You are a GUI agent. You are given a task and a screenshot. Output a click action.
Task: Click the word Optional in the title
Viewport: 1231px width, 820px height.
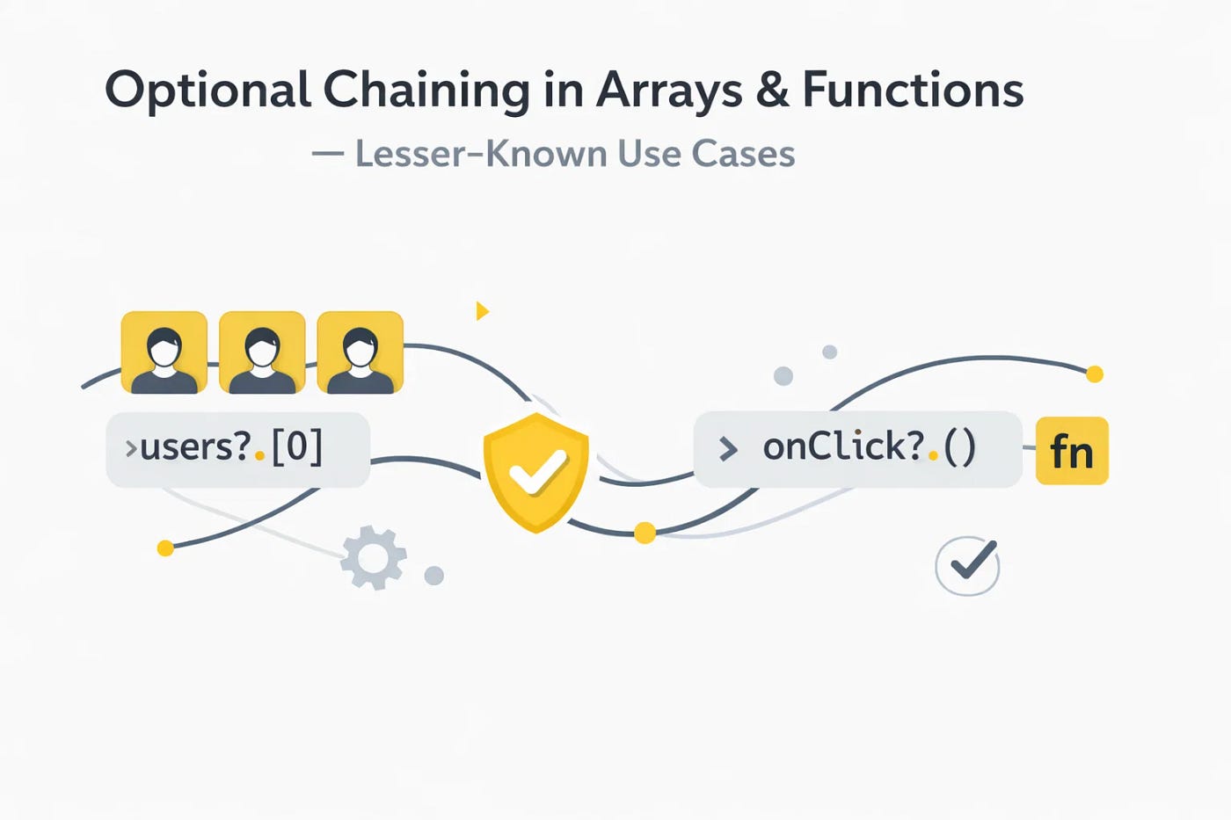[x=208, y=91]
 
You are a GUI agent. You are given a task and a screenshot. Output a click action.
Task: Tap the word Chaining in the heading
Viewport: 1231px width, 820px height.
[x=426, y=91]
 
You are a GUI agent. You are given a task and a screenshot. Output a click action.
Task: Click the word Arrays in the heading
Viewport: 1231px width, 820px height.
[x=669, y=91]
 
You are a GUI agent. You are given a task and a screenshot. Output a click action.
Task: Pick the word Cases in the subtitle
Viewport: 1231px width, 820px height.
[x=743, y=154]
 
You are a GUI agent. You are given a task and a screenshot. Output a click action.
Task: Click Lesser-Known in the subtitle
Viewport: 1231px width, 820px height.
[x=480, y=154]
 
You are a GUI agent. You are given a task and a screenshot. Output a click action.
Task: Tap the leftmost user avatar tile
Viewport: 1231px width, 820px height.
[x=164, y=352]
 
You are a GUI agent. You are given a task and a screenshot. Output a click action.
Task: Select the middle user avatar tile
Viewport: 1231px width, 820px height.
[x=262, y=352]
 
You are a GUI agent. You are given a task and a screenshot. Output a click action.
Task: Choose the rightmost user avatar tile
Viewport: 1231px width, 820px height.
[x=360, y=352]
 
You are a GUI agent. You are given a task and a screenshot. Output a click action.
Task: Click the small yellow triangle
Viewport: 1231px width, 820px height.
[x=482, y=310]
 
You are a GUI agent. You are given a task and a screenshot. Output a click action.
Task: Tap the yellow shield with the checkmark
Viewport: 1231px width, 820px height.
[x=535, y=472]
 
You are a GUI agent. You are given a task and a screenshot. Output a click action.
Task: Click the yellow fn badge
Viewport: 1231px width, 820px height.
[x=1072, y=451]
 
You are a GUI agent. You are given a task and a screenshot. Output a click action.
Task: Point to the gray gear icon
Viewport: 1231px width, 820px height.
[x=374, y=557]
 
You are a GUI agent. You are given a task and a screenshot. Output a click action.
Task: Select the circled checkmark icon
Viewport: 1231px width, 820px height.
[x=967, y=565]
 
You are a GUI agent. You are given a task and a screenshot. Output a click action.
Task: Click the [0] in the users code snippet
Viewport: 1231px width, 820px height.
[x=297, y=446]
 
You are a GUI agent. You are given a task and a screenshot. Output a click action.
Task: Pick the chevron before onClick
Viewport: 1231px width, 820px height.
[x=728, y=449]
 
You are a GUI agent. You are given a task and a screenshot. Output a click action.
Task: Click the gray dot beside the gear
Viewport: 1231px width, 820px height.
[x=433, y=576]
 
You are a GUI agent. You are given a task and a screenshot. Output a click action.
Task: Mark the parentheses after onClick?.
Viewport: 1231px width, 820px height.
[x=959, y=447]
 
